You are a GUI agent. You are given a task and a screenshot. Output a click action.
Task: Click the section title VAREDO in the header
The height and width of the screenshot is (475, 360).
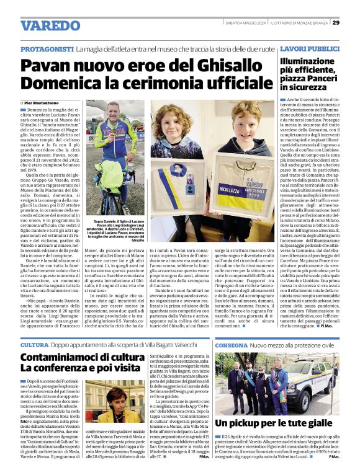tap(50, 25)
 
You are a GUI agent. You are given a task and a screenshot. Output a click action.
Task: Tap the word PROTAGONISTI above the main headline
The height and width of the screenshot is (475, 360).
tap(47, 48)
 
